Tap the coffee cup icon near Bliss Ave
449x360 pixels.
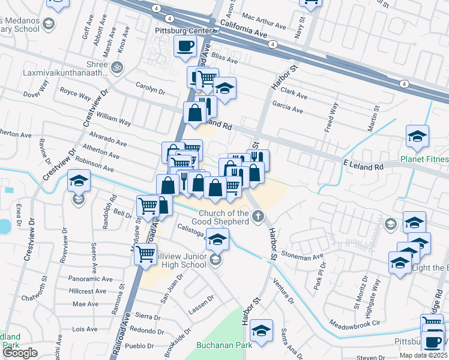coord(185,46)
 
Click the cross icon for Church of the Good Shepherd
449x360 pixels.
coord(258,216)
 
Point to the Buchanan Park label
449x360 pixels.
coord(217,345)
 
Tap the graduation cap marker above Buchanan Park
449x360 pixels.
coord(262,331)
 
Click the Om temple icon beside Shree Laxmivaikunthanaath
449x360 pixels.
coord(117,67)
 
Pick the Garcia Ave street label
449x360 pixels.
coord(288,110)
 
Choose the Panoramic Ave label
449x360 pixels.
coord(91,279)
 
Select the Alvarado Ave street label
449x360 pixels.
coord(108,140)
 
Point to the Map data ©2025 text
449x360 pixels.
coord(423,355)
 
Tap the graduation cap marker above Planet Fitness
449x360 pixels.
coord(417,136)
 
